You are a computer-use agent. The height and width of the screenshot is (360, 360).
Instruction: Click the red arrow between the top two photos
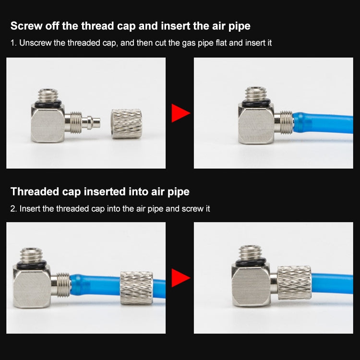[180, 113]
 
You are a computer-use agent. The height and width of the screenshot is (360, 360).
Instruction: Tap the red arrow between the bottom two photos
[180, 278]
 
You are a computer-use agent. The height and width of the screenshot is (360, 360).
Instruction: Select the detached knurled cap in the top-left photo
[126, 124]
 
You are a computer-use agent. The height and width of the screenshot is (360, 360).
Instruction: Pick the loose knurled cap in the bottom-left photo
[136, 288]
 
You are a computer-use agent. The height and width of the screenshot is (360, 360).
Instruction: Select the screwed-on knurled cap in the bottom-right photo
[294, 283]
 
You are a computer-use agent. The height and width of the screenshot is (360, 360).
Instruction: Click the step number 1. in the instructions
[13, 43]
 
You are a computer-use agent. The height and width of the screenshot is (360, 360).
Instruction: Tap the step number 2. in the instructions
[13, 209]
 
